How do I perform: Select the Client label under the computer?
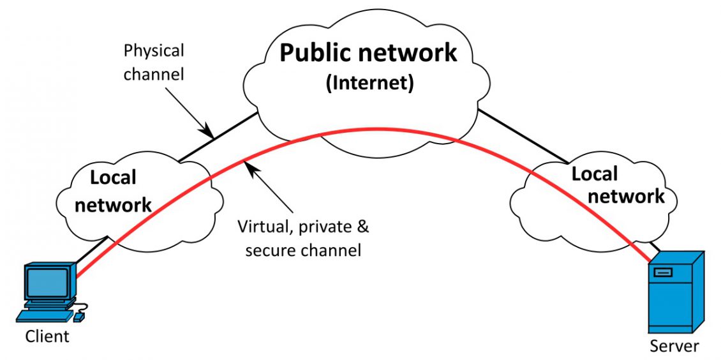47,336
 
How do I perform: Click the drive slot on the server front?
662,273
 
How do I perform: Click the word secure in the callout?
268,250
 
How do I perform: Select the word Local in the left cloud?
114,177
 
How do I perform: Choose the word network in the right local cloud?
627,196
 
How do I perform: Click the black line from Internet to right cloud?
523,136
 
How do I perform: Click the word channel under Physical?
153,74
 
